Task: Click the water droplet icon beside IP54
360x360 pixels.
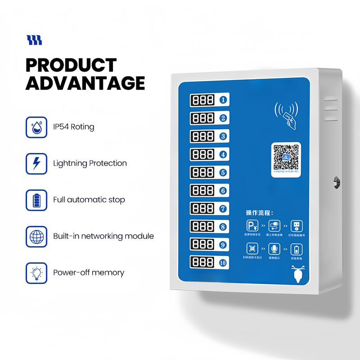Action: pyautogui.click(x=36, y=127)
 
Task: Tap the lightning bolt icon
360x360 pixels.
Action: pyautogui.click(x=36, y=163)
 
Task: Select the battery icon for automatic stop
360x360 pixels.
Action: pyautogui.click(x=36, y=200)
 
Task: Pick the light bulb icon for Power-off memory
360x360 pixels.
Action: pyautogui.click(x=36, y=273)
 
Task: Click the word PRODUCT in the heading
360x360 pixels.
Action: pyautogui.click(x=71, y=65)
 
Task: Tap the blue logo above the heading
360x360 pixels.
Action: pyautogui.click(x=34, y=40)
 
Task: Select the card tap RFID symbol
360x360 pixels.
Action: pyautogui.click(x=287, y=113)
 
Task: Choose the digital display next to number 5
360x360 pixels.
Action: pyautogui.click(x=202, y=172)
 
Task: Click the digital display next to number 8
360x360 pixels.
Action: pyautogui.click(x=202, y=226)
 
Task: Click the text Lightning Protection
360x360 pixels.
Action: pyautogui.click(x=90, y=163)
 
